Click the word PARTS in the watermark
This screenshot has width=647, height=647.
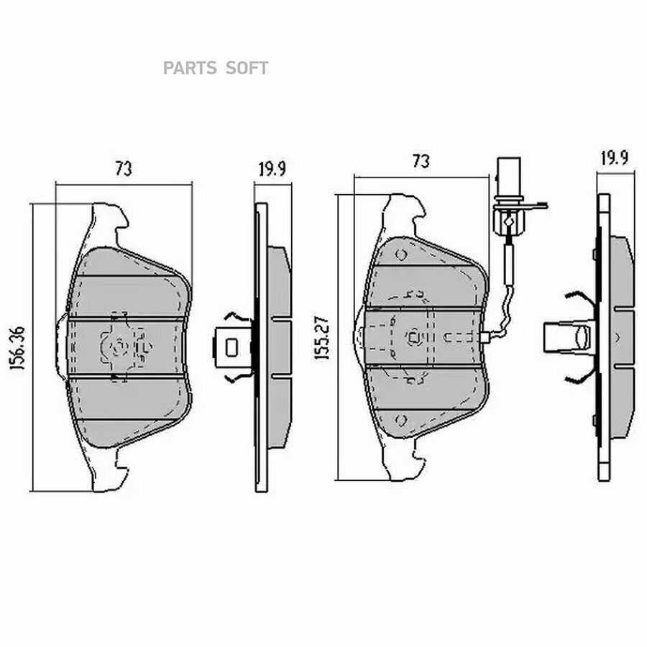pyautogui.click(x=190, y=68)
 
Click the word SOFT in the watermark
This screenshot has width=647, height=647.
pyautogui.click(x=247, y=68)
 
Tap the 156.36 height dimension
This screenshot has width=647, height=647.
pyautogui.click(x=18, y=347)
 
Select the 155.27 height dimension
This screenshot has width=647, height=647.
pyautogui.click(x=322, y=338)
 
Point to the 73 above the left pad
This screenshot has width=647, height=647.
pyautogui.click(x=124, y=169)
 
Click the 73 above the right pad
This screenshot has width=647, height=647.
pyautogui.click(x=421, y=161)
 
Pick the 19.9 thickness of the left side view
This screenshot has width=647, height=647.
pyautogui.click(x=272, y=169)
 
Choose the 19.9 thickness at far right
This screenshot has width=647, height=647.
pyautogui.click(x=615, y=158)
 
